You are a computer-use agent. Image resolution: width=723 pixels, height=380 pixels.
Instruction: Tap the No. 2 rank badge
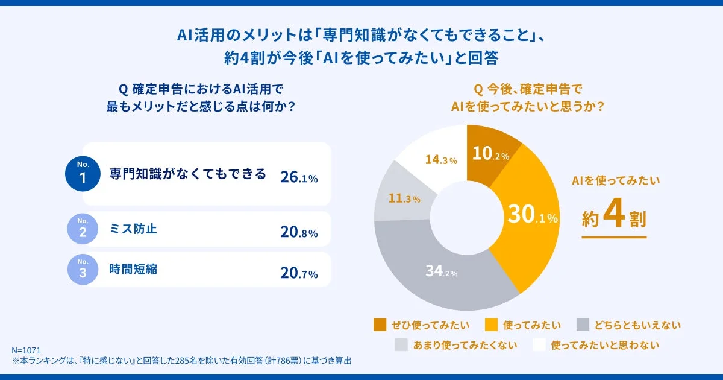click(83, 229)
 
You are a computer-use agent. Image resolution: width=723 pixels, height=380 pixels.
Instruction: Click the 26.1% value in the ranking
click(299, 177)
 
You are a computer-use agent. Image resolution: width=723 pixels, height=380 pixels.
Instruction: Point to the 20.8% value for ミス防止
click(299, 233)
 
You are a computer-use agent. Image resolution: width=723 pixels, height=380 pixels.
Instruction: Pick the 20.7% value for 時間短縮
click(299, 273)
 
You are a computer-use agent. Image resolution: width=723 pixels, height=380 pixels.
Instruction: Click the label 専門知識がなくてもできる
click(187, 174)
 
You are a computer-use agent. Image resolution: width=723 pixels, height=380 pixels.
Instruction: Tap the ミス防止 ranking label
click(133, 229)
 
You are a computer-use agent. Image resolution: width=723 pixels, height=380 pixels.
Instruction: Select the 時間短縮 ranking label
click(133, 269)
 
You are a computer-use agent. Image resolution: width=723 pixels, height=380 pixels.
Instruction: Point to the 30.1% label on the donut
click(532, 215)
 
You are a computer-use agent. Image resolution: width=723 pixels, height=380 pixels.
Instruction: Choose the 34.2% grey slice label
click(441, 271)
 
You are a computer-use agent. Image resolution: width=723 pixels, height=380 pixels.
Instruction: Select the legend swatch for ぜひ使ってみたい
click(380, 325)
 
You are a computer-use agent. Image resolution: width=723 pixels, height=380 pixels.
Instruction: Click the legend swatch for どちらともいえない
click(583, 325)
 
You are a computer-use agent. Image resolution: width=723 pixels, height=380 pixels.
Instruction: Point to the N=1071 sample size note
click(26, 350)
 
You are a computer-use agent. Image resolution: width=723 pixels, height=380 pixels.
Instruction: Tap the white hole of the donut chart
click(467, 218)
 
